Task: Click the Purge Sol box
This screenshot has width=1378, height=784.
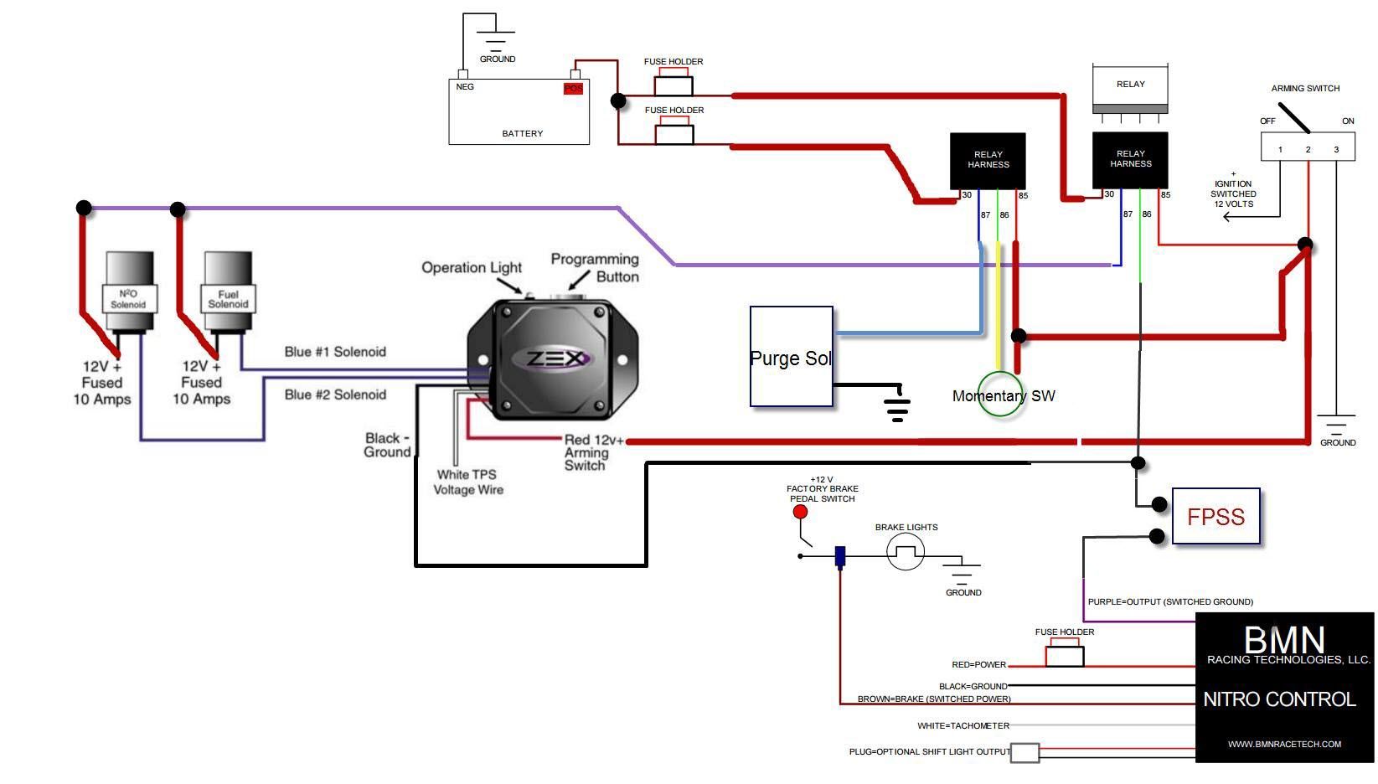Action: click(x=791, y=357)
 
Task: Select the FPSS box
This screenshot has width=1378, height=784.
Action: click(x=1215, y=517)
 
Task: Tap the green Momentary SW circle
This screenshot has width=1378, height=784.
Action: click(x=1000, y=395)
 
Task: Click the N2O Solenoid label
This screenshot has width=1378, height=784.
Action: click(x=129, y=299)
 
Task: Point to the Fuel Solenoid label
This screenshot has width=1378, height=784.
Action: click(x=228, y=299)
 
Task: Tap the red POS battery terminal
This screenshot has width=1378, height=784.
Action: click(x=573, y=89)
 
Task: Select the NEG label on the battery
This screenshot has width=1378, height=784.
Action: click(x=465, y=87)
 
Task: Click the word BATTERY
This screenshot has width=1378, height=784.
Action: click(x=522, y=134)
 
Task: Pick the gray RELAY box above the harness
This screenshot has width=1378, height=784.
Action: click(x=1130, y=85)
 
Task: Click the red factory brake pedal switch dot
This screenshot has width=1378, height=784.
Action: click(x=800, y=512)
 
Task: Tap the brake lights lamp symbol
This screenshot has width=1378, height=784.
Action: click(x=906, y=553)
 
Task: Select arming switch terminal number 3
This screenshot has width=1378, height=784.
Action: click(x=1336, y=150)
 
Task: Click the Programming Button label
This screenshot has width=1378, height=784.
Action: click(x=595, y=268)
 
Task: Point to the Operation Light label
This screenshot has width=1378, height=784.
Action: click(x=472, y=267)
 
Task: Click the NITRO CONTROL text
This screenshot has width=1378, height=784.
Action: click(x=1279, y=699)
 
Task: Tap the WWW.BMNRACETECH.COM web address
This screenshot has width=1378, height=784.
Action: click(x=1284, y=744)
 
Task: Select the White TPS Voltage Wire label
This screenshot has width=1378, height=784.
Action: click(x=467, y=482)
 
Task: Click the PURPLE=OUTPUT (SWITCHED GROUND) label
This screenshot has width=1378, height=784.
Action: click(x=1170, y=601)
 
